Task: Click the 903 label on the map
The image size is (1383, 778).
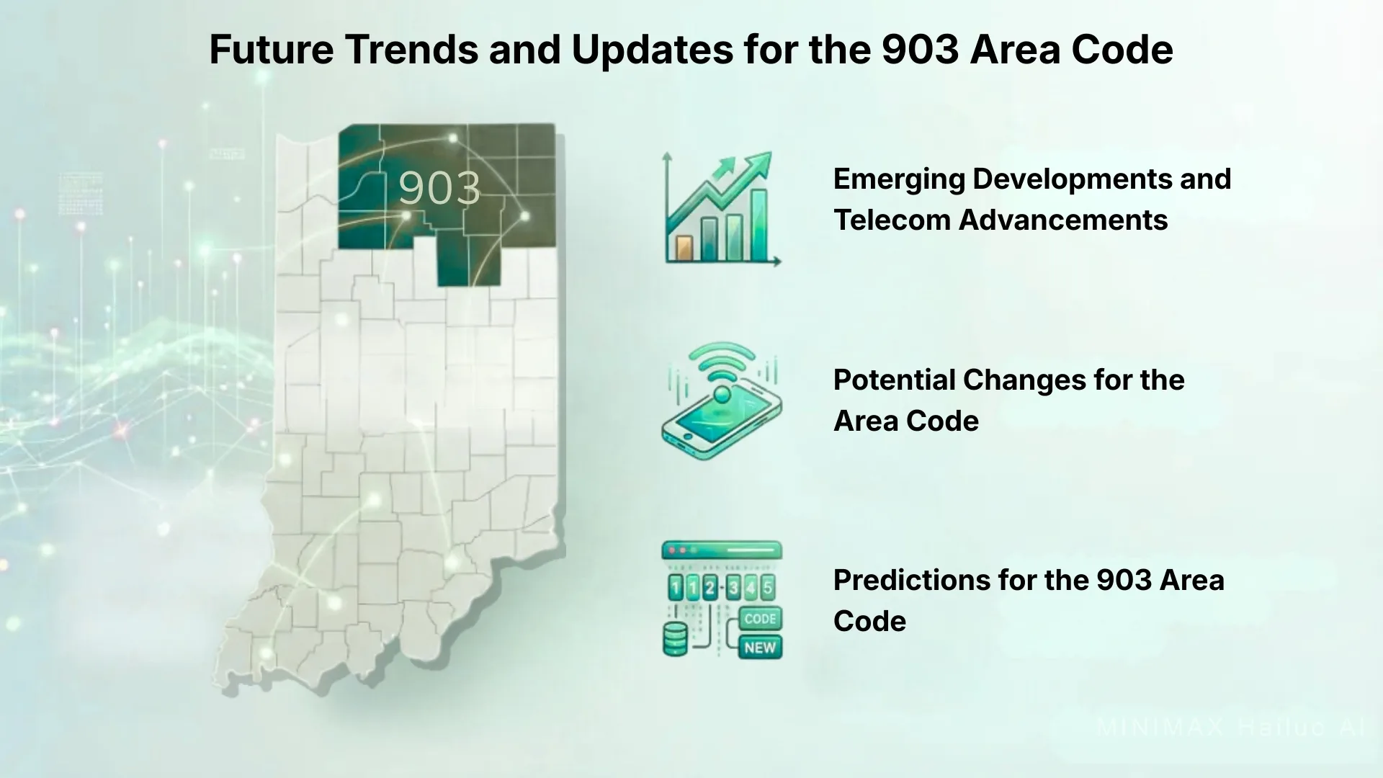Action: coord(439,189)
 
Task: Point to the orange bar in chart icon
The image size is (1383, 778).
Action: coord(684,248)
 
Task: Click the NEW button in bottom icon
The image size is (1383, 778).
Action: coord(760,647)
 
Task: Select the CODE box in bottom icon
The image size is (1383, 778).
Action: coord(760,619)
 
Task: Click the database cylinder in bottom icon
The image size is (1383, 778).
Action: coord(675,640)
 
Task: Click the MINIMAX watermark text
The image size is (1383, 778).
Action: coord(1160,727)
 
